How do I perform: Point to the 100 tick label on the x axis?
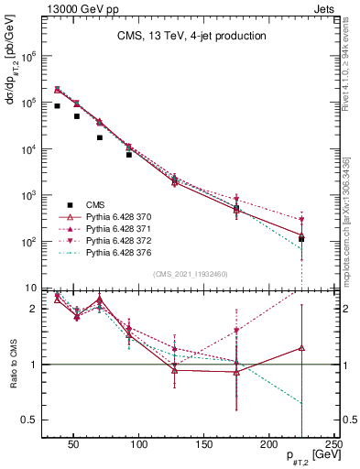coord(138,445)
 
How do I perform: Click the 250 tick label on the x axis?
coord(334,445)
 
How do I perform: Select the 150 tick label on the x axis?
coord(203,445)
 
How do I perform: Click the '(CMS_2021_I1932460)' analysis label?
coord(190,274)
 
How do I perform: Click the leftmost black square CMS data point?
coord(58,106)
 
